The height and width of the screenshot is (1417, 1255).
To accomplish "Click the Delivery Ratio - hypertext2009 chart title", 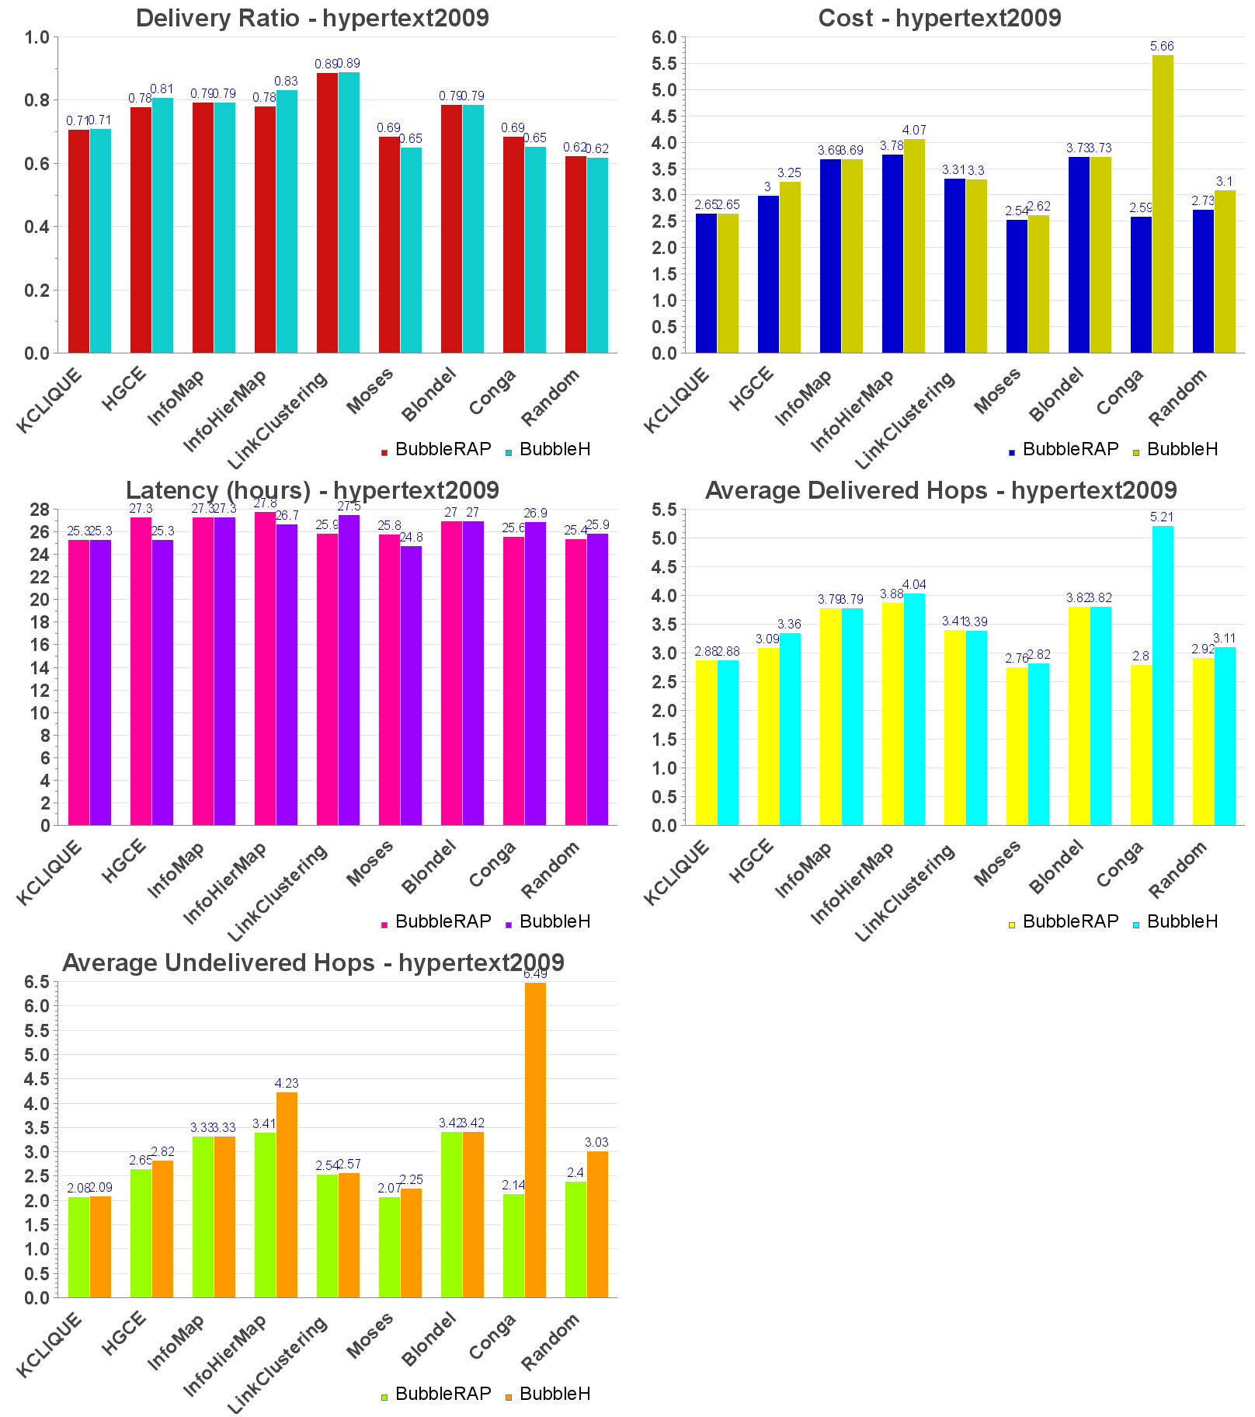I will click(x=312, y=18).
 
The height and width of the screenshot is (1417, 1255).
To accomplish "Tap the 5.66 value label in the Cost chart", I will click(x=1162, y=47).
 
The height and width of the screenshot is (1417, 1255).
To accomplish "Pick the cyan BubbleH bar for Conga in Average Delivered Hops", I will click(x=1163, y=675).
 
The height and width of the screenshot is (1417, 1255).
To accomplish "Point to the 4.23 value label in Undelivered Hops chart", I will click(x=287, y=1083).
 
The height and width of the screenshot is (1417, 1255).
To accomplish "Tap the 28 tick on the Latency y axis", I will click(x=40, y=510).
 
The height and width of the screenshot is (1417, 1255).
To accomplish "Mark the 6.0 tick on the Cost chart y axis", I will click(x=664, y=37).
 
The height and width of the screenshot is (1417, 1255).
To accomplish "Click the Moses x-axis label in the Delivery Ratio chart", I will click(x=370, y=391).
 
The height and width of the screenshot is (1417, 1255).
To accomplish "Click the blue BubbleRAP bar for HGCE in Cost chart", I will click(x=768, y=273).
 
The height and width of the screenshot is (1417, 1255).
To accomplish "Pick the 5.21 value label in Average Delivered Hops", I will click(x=1162, y=517).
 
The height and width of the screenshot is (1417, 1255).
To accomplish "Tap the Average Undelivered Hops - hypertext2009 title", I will click(x=313, y=963).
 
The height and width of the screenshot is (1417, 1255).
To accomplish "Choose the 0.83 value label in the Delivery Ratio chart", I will click(x=287, y=82).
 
